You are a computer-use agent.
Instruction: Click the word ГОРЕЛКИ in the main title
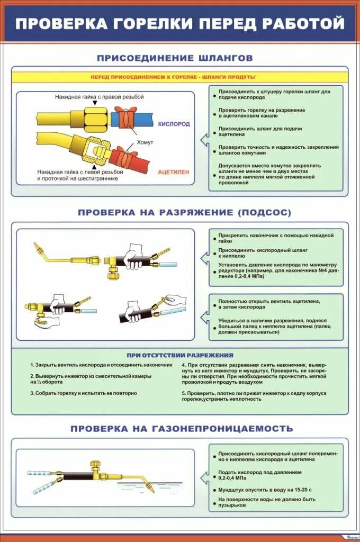pyautogui.click(x=149, y=24)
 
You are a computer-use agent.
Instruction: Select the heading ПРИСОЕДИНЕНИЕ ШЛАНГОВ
pyautogui.click(x=175, y=58)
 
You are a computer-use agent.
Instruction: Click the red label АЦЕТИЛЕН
pyautogui.click(x=173, y=172)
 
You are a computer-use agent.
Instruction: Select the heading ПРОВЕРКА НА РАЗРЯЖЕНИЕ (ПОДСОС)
pyautogui.click(x=184, y=212)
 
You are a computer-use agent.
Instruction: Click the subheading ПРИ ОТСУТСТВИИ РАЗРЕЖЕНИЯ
pyautogui.click(x=180, y=355)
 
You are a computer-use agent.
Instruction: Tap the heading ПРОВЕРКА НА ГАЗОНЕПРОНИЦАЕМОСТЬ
pyautogui.click(x=182, y=428)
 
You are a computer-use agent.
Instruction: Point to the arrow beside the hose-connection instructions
pyautogui.click(x=203, y=139)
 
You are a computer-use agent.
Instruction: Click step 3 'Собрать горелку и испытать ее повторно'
pyautogui.click(x=84, y=393)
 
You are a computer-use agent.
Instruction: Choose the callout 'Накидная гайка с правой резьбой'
pyautogui.click(x=99, y=97)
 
